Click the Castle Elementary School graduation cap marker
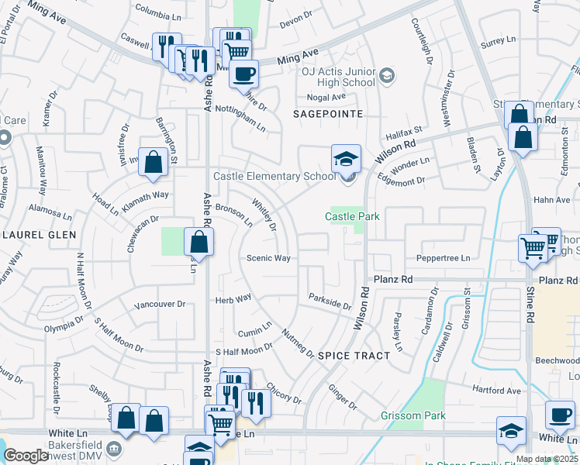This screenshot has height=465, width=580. coord(346,160)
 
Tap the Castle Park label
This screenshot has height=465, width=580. coord(352,216)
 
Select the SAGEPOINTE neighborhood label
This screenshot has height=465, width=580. coord(329,113)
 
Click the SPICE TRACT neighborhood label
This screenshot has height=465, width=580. coord(348,355)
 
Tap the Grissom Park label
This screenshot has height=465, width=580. coord(413,416)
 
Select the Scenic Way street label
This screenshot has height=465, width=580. coord(268,258)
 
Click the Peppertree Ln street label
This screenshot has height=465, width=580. coord(444,258)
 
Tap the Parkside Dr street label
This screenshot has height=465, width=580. coord(330,301)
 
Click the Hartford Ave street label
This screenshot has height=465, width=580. coord(496,391)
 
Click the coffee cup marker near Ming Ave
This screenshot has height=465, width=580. coord(243,74)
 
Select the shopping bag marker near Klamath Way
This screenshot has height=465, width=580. coord(154,162)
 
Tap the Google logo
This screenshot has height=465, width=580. coord(26,456)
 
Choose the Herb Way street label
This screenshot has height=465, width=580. coord(233,298)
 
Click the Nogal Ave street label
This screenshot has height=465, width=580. coord(326,97)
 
